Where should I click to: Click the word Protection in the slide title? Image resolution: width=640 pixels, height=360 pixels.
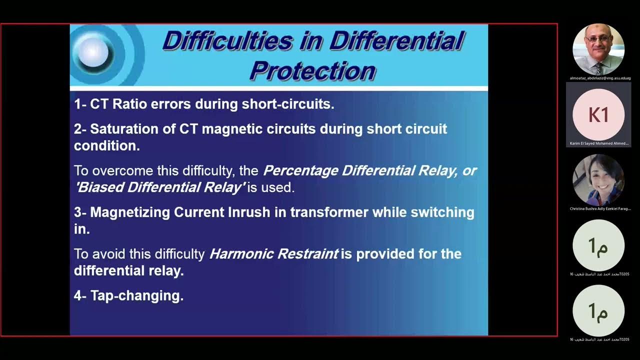coord(312,70)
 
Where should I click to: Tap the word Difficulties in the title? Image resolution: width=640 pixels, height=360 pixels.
coord(227,41)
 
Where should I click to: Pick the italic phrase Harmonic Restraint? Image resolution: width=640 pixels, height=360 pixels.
coord(273,254)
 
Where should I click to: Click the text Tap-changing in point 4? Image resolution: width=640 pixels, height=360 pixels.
coord(136,295)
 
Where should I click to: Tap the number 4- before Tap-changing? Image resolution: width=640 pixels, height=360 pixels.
coord(80,295)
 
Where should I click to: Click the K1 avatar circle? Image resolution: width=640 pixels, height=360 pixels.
coord(598,114)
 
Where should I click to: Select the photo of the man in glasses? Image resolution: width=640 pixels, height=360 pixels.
coord(598,49)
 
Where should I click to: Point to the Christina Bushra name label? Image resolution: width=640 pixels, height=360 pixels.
coord(600,208)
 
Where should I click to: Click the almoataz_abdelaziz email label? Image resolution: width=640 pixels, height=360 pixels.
coord(600,78)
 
